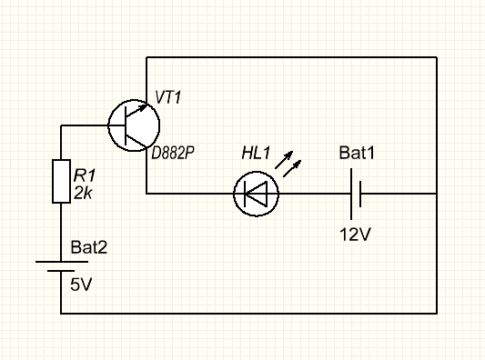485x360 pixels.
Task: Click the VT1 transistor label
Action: pyautogui.click(x=167, y=97)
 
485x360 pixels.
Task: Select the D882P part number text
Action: pyautogui.click(x=173, y=153)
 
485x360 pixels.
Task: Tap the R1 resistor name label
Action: pyautogui.click(x=85, y=175)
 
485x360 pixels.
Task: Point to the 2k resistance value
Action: pyautogui.click(x=83, y=194)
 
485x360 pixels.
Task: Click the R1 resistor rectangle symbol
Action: pyautogui.click(x=61, y=182)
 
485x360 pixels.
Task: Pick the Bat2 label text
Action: pyautogui.click(x=89, y=247)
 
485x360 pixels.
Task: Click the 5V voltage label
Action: pyautogui.click(x=81, y=285)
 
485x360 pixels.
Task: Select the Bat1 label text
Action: pyautogui.click(x=357, y=153)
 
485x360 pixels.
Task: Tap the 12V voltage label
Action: pyautogui.click(x=355, y=235)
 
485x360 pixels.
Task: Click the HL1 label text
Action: pyautogui.click(x=256, y=153)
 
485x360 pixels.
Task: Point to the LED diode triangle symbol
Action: pyautogui.click(x=256, y=194)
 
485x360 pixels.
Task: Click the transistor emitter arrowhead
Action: pyautogui.click(x=143, y=107)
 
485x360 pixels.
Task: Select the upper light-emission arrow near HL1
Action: pyautogui.click(x=284, y=160)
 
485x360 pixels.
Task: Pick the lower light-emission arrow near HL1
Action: pyautogui.click(x=292, y=168)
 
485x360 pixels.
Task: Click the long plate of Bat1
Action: pyautogui.click(x=351, y=194)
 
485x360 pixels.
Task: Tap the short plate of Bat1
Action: pyautogui.click(x=360, y=194)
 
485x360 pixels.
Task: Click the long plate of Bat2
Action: pyautogui.click(x=62, y=262)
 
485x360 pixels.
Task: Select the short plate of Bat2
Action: pyautogui.click(x=61, y=271)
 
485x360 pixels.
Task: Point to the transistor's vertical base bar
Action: pyautogui.click(x=126, y=125)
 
